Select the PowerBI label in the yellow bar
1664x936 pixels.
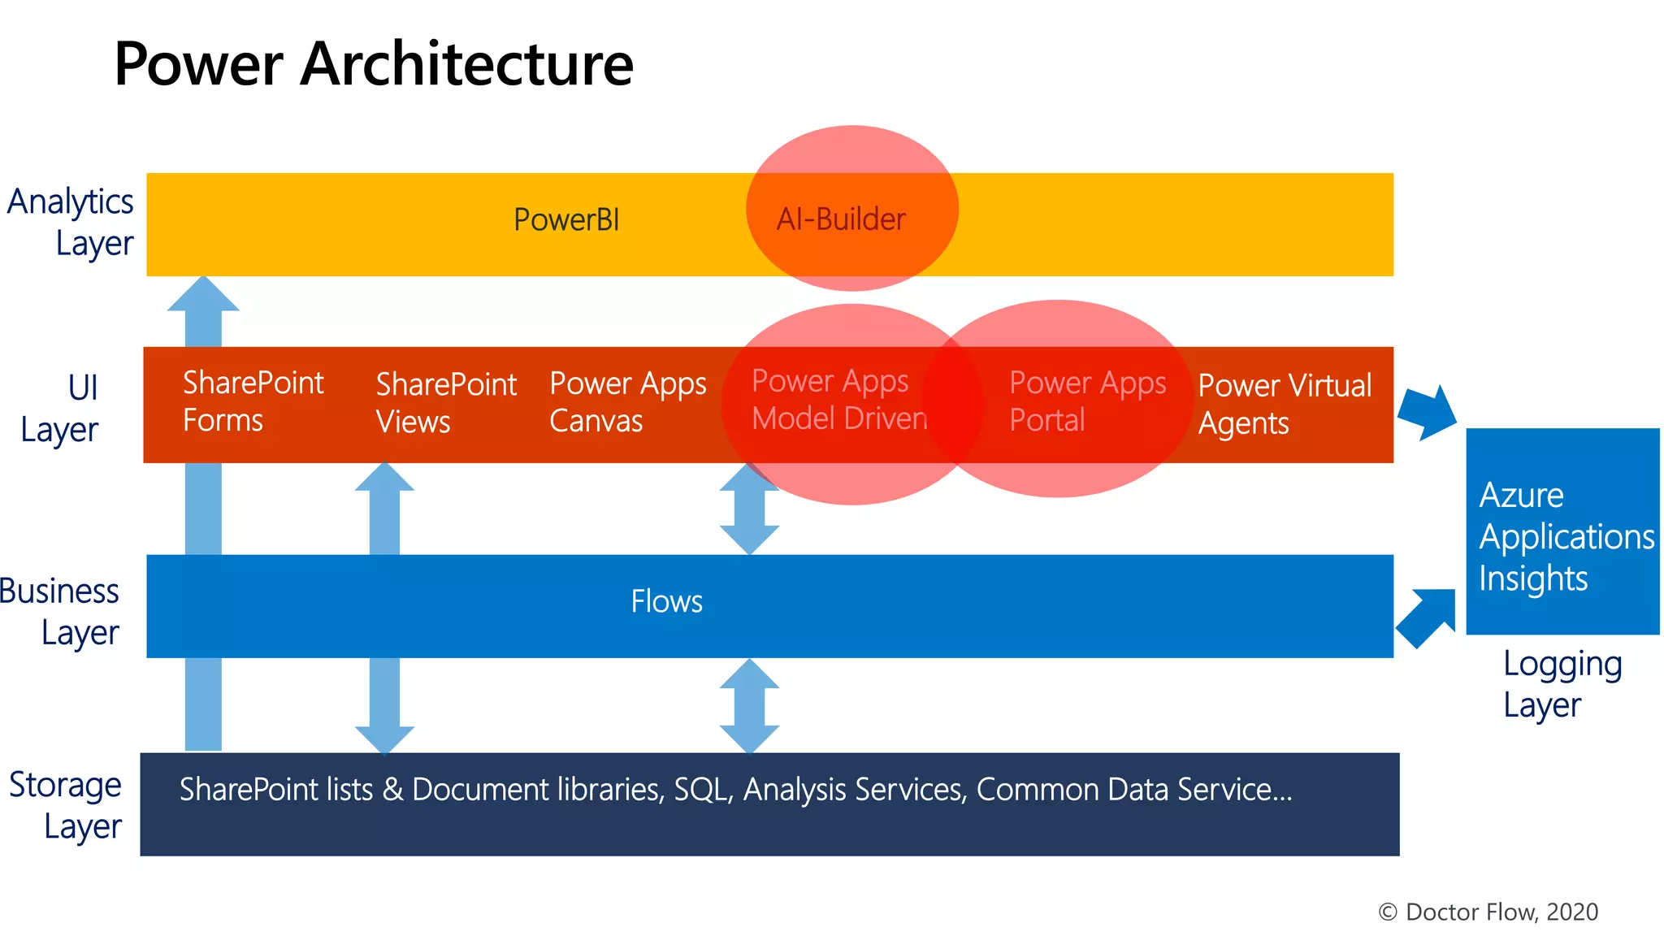pyautogui.click(x=566, y=220)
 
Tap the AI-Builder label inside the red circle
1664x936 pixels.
pyautogui.click(x=841, y=219)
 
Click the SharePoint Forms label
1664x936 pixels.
pyautogui.click(x=253, y=401)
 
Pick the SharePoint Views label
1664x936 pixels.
pyautogui.click(x=445, y=403)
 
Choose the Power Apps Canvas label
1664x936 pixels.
pyautogui.click(x=627, y=402)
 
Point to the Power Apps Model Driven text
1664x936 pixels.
pyautogui.click(x=838, y=400)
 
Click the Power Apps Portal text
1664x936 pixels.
pyautogui.click(x=1086, y=401)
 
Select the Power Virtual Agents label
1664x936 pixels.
pyautogui.click(x=1284, y=404)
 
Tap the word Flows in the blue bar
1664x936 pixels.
pyautogui.click(x=666, y=602)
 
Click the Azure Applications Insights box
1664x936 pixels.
pyautogui.click(x=1562, y=532)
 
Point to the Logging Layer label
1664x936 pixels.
pyautogui.click(x=1561, y=684)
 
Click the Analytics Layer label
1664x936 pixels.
pyautogui.click(x=71, y=222)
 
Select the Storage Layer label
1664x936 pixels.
pyautogui.click(x=67, y=805)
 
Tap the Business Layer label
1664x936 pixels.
pyautogui.click(x=61, y=612)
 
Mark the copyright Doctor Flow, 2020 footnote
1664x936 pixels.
pyautogui.click(x=1488, y=912)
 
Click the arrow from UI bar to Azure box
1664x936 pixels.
pyautogui.click(x=1428, y=412)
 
